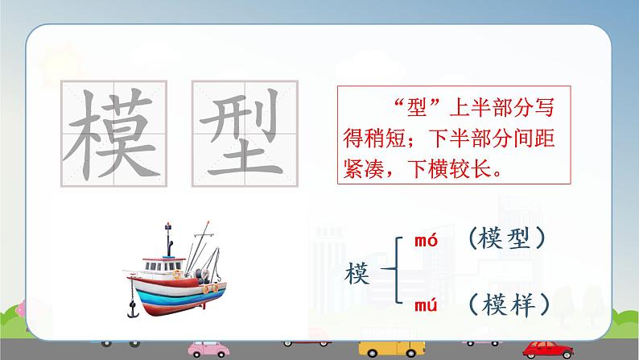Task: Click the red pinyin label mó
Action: coord(426,240)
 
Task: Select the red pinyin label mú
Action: coord(426,305)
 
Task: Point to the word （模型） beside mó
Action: coord(507,238)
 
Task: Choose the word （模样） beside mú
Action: coord(509,304)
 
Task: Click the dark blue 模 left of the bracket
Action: coord(357,273)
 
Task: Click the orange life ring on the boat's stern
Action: coord(206,289)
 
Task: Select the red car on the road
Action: coord(548,350)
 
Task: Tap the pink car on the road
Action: coord(208,349)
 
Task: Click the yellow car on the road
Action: coord(392,349)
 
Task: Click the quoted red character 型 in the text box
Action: coord(417,108)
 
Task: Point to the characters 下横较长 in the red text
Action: coord(449,168)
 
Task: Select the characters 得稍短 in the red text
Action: coord(374,139)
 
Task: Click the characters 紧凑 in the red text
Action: coord(364,168)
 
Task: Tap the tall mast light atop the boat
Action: coord(168,226)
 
